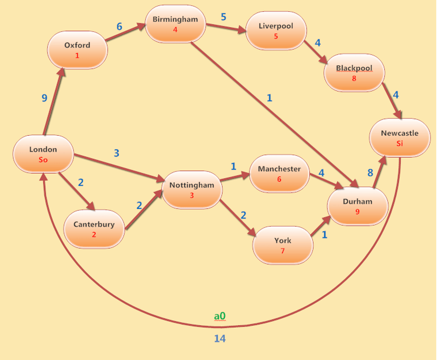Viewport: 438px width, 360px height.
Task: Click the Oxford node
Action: click(x=77, y=50)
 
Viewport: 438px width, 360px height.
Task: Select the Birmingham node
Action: click(x=175, y=23)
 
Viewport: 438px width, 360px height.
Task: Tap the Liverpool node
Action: click(x=276, y=30)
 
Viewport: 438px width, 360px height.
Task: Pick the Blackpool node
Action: click(x=354, y=73)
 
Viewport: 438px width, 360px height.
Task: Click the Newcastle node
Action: click(x=399, y=138)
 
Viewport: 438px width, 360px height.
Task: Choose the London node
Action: click(x=43, y=154)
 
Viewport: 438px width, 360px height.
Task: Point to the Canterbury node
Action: click(x=94, y=228)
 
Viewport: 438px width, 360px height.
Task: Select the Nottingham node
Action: click(x=192, y=189)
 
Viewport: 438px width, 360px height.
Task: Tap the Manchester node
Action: click(x=279, y=173)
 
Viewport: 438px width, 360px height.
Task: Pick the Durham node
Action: click(x=357, y=206)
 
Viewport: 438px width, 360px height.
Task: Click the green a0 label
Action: click(x=220, y=317)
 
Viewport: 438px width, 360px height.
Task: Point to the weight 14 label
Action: click(x=220, y=338)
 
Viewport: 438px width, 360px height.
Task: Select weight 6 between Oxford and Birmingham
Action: click(x=120, y=26)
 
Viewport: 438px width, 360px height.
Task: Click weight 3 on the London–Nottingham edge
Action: click(x=117, y=153)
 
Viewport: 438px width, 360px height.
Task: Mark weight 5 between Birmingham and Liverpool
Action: click(x=223, y=17)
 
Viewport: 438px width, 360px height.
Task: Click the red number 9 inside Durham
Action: click(x=357, y=211)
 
